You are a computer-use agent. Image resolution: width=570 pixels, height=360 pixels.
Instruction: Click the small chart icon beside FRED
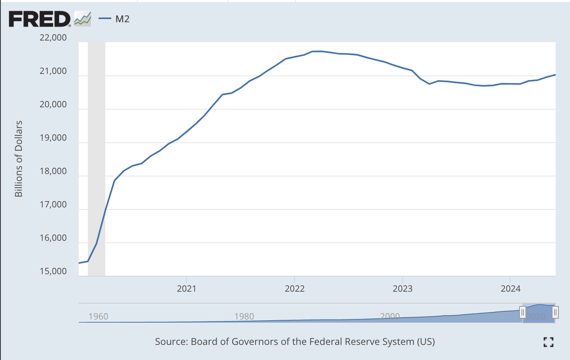[x=83, y=19]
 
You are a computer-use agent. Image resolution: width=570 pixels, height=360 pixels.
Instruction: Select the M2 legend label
[x=122, y=19]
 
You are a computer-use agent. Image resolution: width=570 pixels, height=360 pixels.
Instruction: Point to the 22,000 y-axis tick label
[x=53, y=38]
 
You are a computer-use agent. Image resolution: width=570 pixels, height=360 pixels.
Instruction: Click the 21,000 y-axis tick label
[x=53, y=71]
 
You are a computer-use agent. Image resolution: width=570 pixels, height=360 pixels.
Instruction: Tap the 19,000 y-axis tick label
[x=53, y=138]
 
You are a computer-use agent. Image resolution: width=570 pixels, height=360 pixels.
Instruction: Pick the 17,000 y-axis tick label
[x=53, y=205]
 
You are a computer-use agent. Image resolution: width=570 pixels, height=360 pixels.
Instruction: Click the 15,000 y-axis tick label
[x=53, y=271]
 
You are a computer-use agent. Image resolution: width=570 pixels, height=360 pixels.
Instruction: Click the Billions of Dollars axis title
[x=19, y=159]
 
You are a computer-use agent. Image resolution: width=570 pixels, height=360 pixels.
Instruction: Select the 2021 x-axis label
[x=186, y=288]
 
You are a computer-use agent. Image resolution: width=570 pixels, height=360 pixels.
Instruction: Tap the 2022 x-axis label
[x=295, y=288]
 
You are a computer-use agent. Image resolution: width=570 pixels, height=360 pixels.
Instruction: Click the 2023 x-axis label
[x=402, y=288]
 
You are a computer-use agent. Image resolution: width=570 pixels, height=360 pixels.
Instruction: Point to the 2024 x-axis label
[x=510, y=288]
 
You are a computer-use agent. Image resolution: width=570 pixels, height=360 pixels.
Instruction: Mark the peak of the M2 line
[x=317, y=51]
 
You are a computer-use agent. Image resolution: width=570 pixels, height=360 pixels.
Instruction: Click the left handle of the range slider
[x=523, y=312]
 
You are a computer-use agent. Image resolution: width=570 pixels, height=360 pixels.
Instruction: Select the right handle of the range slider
[x=555, y=312]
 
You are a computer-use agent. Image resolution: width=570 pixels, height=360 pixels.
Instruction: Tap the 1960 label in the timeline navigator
[x=98, y=316]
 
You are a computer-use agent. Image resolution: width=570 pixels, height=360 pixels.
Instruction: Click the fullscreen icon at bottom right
[x=549, y=342]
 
